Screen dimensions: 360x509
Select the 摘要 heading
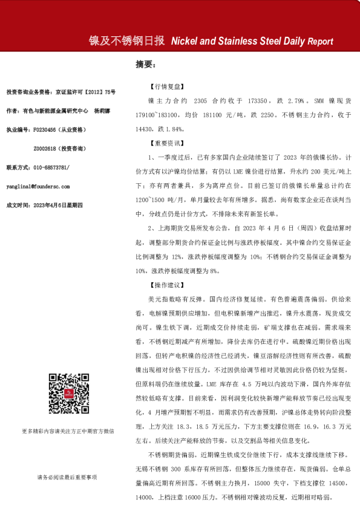tap(145, 64)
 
